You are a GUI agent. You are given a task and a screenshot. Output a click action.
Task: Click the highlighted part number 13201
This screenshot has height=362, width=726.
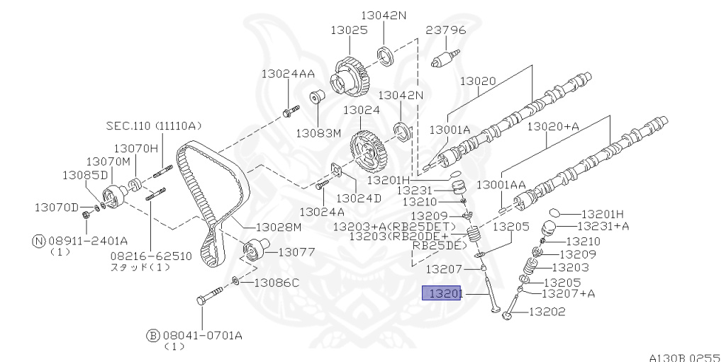[441, 293]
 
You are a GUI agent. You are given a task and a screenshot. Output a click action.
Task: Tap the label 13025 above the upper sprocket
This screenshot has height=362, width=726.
[349, 30]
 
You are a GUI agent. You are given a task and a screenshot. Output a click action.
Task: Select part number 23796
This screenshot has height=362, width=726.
[446, 30]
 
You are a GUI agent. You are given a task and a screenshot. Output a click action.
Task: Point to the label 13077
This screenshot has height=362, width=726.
[296, 252]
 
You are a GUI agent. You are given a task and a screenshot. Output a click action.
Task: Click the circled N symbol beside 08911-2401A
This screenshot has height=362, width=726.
[39, 241]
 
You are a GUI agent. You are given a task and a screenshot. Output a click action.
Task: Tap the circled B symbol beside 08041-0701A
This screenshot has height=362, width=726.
[153, 335]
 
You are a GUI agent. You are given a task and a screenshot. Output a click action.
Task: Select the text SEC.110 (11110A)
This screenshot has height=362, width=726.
[154, 125]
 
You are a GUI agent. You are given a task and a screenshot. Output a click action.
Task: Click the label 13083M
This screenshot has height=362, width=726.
[318, 133]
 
